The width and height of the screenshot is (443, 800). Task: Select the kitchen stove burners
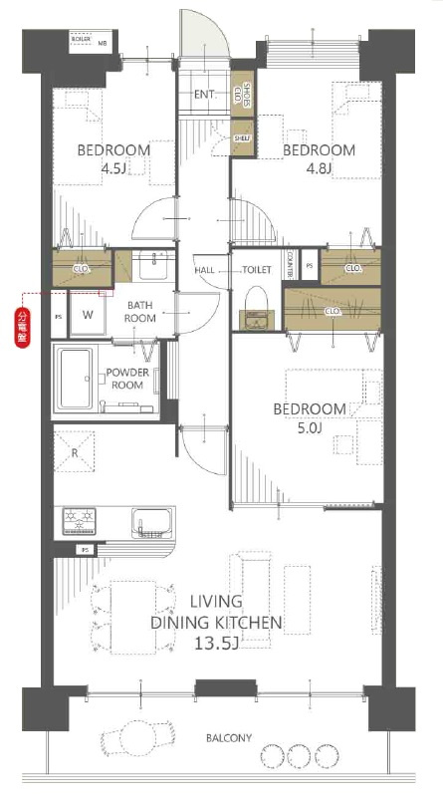(81, 520)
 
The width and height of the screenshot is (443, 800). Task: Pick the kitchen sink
(152, 521)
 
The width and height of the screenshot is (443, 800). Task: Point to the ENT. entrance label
(205, 96)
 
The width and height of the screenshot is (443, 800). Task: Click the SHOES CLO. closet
(241, 95)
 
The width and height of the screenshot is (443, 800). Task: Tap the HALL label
(204, 270)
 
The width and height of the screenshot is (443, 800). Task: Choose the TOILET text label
(256, 270)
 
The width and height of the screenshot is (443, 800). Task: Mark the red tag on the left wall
(22, 327)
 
